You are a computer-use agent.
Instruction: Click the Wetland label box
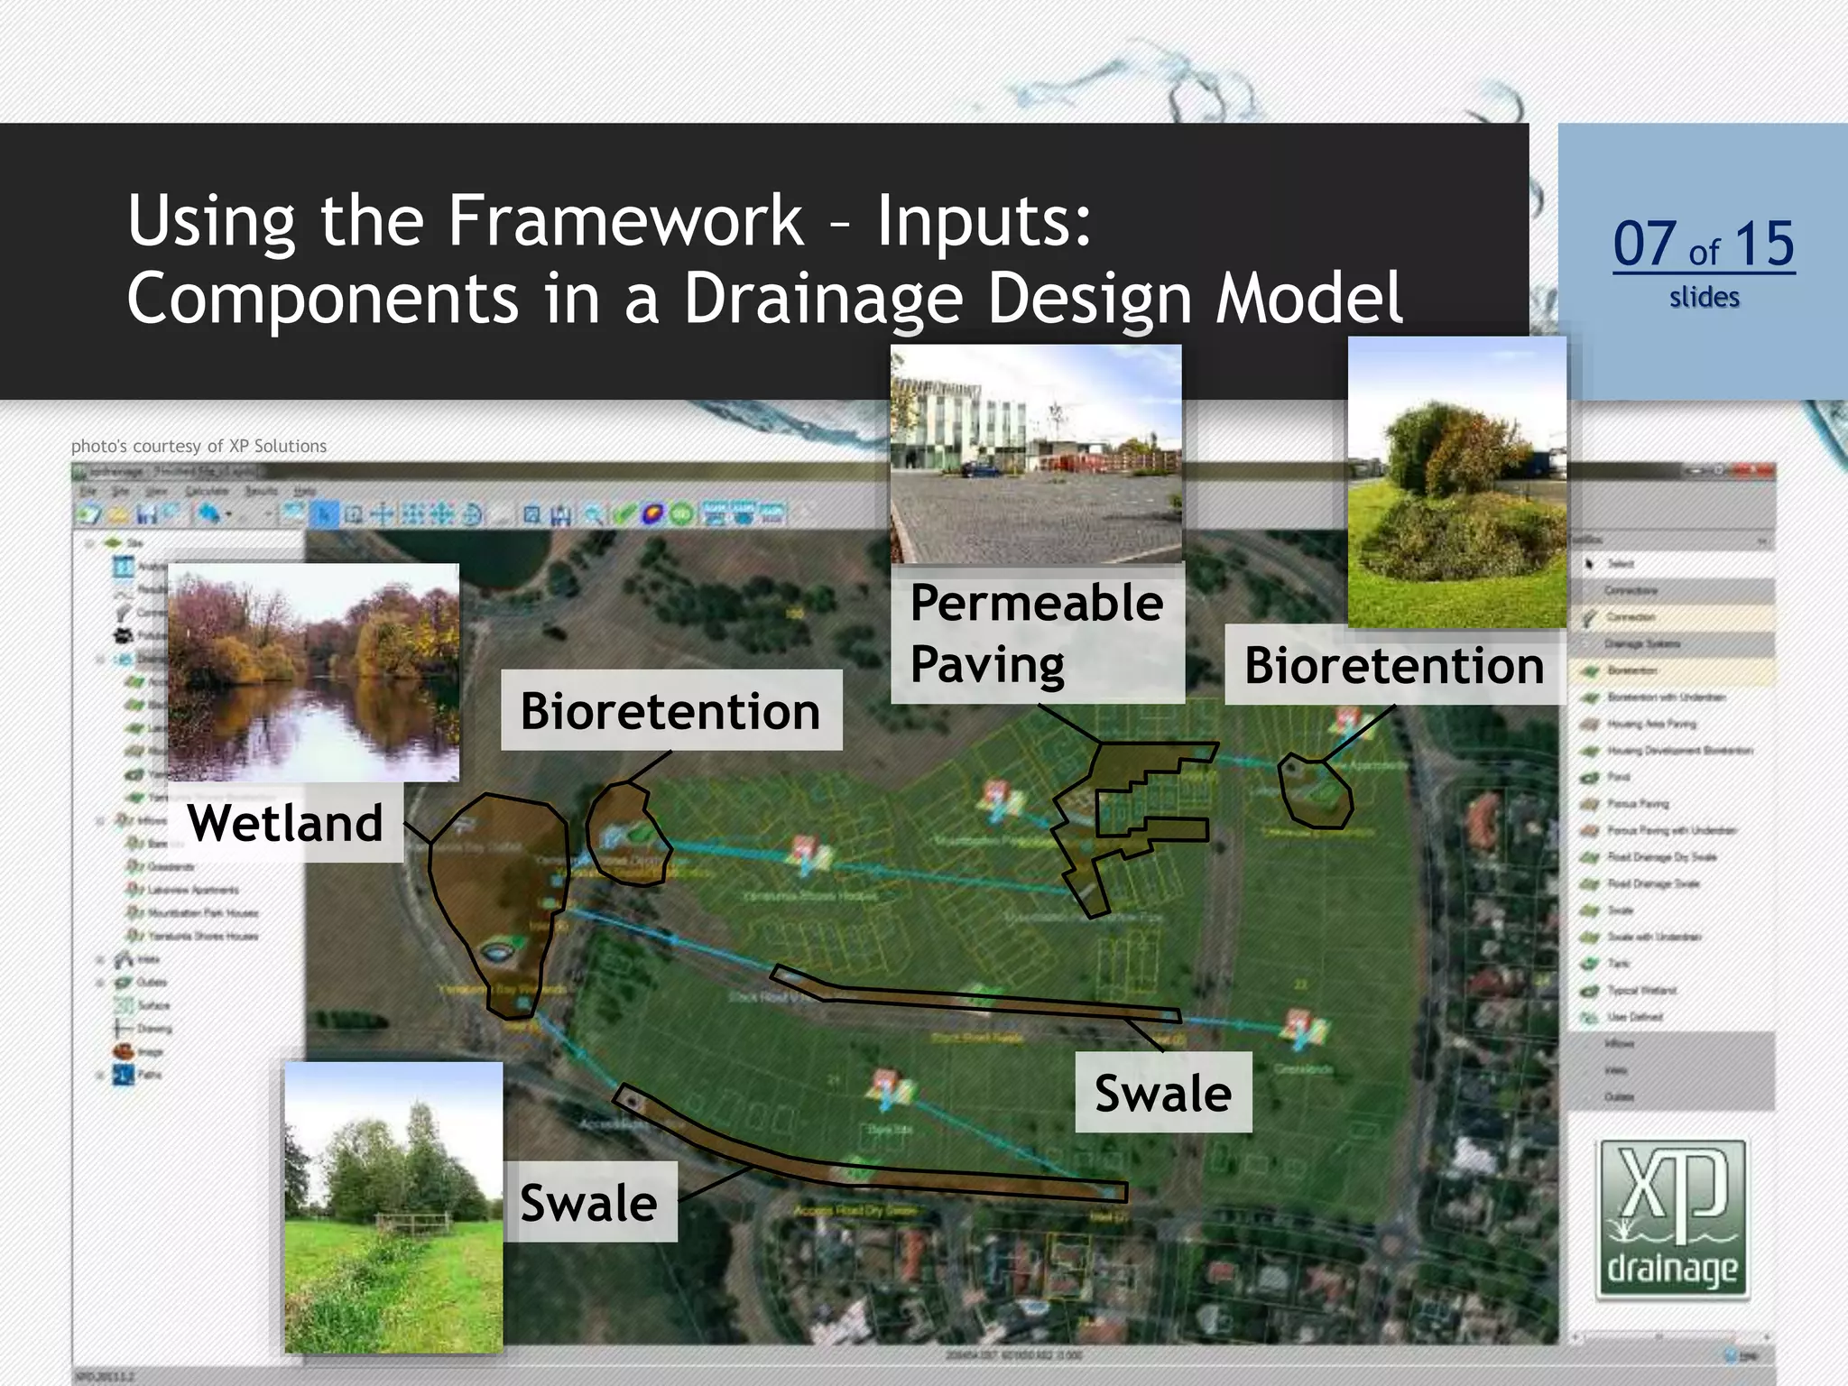click(285, 822)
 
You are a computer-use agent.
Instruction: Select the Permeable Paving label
click(1037, 633)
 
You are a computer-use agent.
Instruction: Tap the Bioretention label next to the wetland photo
click(670, 710)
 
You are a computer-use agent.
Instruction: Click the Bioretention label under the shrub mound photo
click(1393, 665)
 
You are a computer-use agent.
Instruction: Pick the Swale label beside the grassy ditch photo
click(589, 1202)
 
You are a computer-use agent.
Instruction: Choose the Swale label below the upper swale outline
click(1163, 1093)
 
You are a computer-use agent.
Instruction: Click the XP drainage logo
click(1672, 1219)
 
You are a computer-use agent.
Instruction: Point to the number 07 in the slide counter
click(1644, 244)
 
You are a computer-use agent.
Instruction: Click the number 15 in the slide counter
click(1764, 244)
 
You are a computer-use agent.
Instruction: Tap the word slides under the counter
click(1704, 297)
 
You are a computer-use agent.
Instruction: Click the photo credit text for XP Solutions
click(199, 446)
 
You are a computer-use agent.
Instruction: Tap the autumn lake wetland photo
click(313, 672)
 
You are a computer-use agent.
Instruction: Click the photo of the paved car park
click(1036, 454)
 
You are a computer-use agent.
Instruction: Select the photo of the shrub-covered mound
click(1456, 483)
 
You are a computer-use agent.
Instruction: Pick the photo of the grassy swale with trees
click(393, 1206)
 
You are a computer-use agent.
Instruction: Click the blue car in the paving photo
click(979, 469)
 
